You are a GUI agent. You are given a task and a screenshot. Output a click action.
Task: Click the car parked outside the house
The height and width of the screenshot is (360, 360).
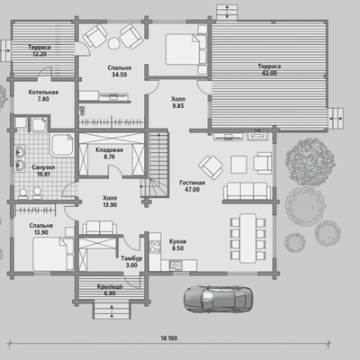pos(218,299)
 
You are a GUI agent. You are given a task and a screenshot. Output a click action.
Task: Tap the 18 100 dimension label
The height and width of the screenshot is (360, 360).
pos(169,338)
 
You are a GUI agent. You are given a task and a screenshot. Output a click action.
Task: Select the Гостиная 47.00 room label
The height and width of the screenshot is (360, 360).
pos(192,186)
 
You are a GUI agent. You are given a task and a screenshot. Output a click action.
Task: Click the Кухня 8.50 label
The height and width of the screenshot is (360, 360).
pos(177,245)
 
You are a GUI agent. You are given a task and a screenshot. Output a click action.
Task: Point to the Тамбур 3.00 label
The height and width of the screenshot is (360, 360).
pos(131,262)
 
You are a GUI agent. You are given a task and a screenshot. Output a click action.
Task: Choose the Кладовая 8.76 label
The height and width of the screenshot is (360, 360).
pos(109,153)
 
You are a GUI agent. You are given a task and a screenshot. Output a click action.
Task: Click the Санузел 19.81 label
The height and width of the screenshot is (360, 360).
pos(43,171)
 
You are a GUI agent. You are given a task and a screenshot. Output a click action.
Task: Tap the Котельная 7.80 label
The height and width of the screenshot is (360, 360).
pos(43,95)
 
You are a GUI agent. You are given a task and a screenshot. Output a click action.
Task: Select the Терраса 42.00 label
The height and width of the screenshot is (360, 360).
pos(269,69)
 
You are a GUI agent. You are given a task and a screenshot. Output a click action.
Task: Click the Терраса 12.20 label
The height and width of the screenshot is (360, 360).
pos(40,50)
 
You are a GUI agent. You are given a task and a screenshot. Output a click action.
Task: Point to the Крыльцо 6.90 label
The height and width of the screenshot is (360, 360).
pos(110,290)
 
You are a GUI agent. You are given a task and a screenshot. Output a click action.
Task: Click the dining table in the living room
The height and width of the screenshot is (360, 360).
pos(247,238)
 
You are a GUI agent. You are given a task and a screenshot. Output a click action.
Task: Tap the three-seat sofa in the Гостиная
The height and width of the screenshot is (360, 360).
pos(247,191)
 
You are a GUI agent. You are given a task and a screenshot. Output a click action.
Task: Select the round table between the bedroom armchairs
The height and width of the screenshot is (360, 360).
pos(113,44)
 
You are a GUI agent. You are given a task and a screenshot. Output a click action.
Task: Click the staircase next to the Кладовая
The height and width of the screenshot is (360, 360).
pos(156,165)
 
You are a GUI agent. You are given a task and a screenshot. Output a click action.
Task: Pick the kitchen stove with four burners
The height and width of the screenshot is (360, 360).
pos(155,247)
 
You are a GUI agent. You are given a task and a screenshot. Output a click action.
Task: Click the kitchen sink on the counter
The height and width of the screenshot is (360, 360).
pos(175,265)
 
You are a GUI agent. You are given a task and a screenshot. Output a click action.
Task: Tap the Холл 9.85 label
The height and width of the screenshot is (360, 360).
pos(178,103)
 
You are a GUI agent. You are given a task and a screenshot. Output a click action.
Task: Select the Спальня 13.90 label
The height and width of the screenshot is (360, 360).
pos(41,229)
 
